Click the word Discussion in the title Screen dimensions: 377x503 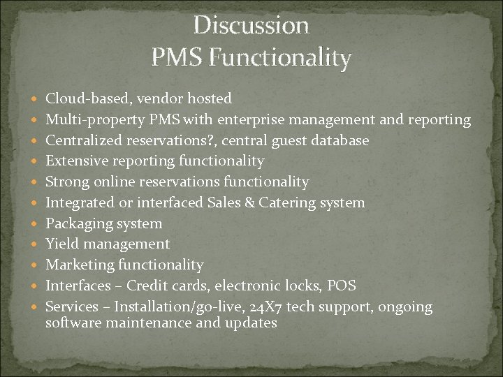point(251,26)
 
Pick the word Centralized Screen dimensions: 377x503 point(84,140)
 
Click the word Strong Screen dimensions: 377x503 point(68,182)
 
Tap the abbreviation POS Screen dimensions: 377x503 point(342,286)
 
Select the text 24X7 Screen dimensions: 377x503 point(285,307)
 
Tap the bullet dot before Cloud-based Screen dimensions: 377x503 point(36,99)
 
